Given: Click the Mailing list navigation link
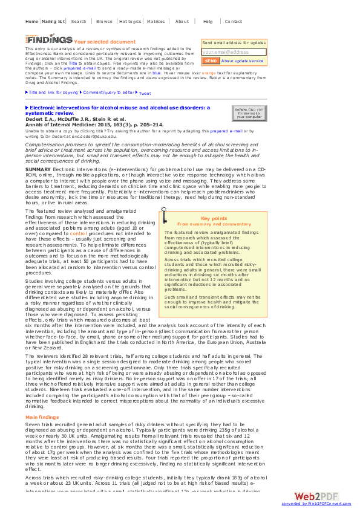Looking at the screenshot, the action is tap(53, 21).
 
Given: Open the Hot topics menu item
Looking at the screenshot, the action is tap(130, 21).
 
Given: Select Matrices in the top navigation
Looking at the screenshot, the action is tap(156, 21).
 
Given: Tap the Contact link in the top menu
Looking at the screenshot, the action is tap(233, 21).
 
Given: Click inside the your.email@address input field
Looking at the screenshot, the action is tap(234, 52).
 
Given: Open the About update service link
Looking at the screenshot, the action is tap(242, 61).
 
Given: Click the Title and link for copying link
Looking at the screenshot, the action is tap(53, 92).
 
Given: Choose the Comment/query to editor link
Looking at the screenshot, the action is tap(109, 92).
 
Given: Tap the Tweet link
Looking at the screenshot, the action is tap(145, 93).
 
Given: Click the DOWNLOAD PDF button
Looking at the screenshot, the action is tap(248, 113).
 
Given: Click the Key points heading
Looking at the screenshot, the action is tap(214, 218).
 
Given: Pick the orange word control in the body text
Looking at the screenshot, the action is tap(79, 233).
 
